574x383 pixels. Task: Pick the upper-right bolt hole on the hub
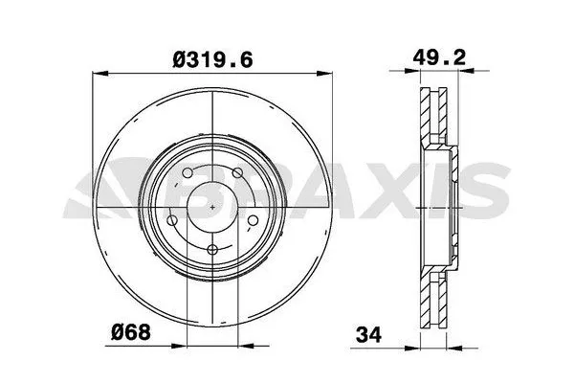coord(237,174)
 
